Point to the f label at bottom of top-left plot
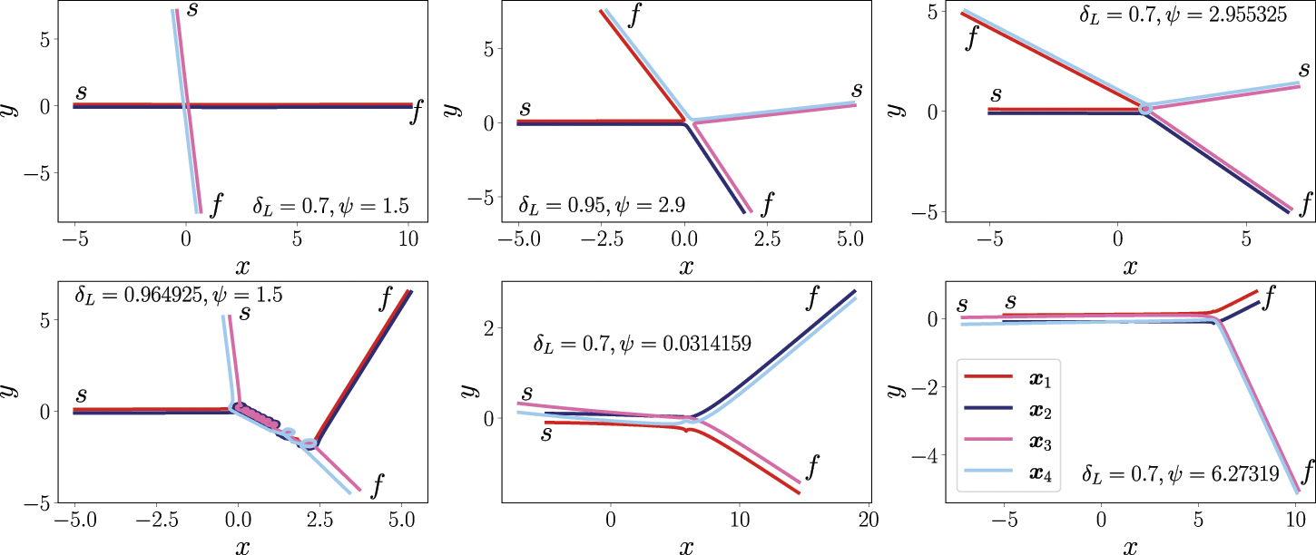[x=216, y=207]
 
